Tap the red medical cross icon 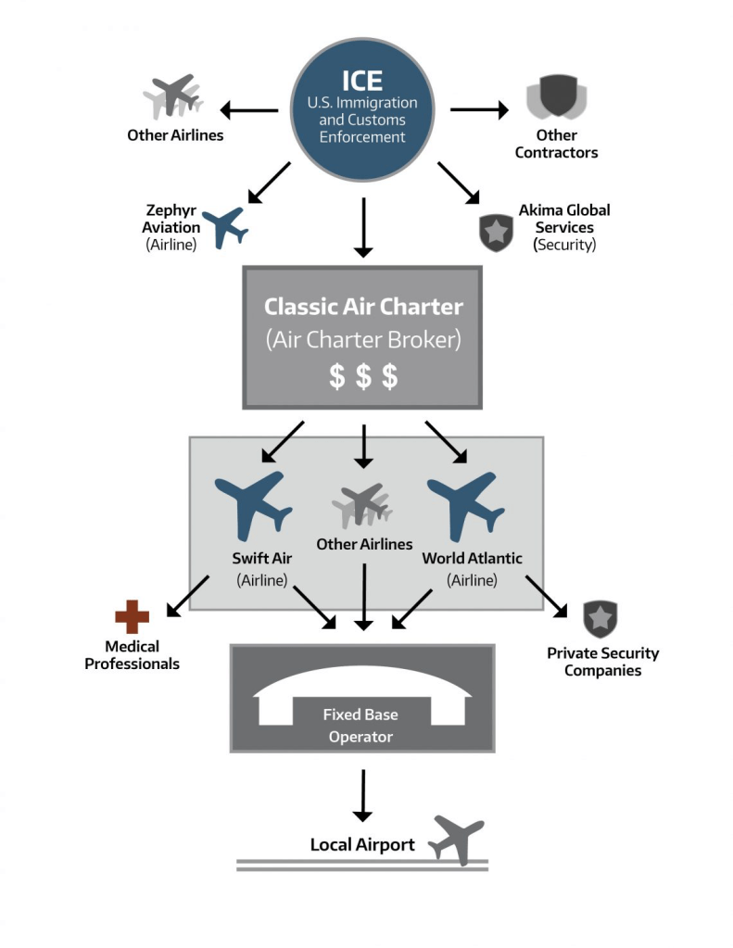(132, 617)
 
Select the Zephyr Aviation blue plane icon (225, 226)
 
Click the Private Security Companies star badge (600, 619)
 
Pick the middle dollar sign (363, 376)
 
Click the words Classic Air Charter (363, 306)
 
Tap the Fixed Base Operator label (360, 726)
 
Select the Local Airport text (362, 844)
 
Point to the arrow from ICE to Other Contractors (479, 110)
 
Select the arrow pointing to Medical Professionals (187, 596)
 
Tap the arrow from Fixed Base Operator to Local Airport (362, 794)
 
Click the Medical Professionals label (133, 654)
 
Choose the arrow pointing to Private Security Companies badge (548, 595)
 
